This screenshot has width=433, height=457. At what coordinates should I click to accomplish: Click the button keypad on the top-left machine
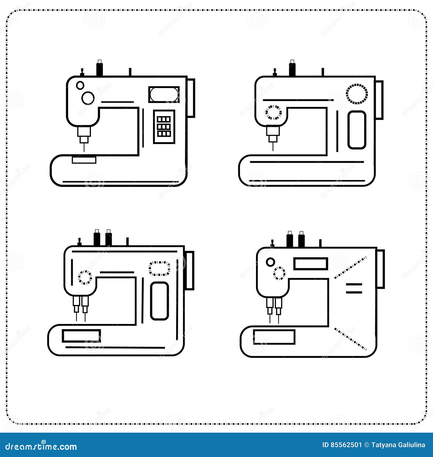click(164, 127)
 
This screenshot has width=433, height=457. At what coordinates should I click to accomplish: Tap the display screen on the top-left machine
click(164, 94)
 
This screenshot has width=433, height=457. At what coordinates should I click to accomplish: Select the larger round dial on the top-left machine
click(88, 98)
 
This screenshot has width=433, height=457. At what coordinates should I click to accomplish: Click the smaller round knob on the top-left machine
click(80, 85)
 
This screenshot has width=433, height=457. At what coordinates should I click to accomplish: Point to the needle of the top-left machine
click(84, 147)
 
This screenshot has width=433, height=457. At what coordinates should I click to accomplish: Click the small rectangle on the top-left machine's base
click(84, 160)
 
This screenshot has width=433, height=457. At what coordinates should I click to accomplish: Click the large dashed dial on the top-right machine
click(357, 94)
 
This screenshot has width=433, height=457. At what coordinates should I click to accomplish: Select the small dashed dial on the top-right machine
click(273, 112)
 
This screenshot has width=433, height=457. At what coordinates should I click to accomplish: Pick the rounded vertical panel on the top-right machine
click(357, 130)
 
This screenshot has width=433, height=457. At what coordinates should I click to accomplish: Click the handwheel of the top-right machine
click(379, 100)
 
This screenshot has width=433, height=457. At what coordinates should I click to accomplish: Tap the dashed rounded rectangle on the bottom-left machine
click(159, 268)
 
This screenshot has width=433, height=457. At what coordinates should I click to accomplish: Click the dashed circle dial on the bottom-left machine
click(85, 277)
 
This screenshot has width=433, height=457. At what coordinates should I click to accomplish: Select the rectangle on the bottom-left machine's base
click(81, 336)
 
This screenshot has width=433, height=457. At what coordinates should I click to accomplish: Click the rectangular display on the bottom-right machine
click(310, 264)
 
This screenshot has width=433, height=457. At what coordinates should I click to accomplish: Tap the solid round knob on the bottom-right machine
click(270, 262)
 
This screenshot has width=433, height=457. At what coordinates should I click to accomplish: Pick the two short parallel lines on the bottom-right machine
click(354, 288)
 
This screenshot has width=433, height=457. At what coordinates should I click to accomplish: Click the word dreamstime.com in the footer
click(41, 446)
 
